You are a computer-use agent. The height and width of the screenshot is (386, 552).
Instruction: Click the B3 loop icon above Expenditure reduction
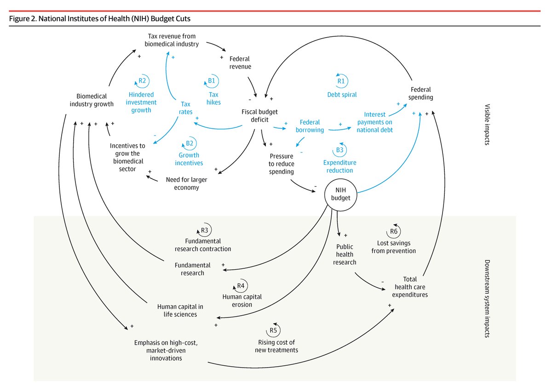339,149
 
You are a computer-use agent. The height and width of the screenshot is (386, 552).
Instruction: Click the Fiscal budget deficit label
259,115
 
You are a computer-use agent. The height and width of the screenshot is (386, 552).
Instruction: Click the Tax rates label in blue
185,108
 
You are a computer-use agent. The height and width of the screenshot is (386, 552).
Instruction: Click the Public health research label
345,254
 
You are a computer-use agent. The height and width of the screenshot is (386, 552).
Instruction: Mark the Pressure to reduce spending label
282,164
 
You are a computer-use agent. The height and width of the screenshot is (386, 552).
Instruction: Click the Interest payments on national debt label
375,122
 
